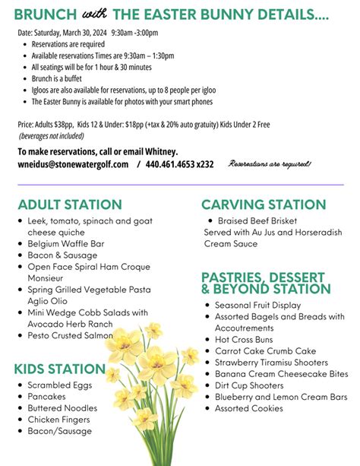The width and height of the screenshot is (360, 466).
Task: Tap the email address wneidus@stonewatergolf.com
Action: [x=73, y=164]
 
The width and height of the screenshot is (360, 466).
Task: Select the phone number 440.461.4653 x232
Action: [x=180, y=164]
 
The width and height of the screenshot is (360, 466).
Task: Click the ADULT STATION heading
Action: [x=70, y=204]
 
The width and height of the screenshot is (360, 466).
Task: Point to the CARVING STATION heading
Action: [x=264, y=204]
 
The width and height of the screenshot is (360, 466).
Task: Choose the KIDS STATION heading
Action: [x=60, y=369]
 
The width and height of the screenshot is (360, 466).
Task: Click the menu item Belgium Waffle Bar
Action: [x=66, y=244]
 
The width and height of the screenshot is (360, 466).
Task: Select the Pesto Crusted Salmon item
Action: [x=70, y=335]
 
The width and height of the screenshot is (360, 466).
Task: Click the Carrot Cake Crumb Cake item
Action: [x=265, y=351]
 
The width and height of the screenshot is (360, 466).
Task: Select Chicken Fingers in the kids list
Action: [x=59, y=420]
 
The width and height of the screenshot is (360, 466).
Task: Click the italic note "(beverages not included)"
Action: [x=52, y=135]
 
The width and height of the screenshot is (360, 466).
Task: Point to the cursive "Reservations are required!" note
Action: [x=270, y=164]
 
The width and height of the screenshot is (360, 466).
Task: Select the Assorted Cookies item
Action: [x=248, y=408]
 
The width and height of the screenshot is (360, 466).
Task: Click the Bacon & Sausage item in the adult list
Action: [x=63, y=255]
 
